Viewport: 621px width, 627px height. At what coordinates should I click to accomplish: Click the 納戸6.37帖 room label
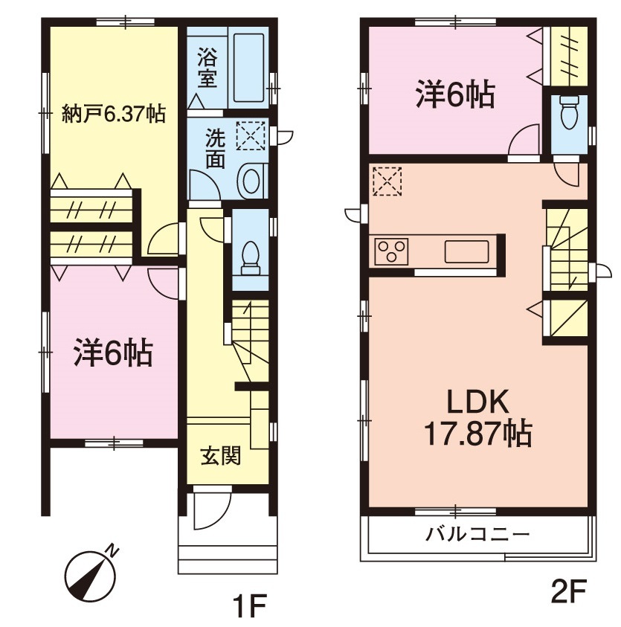(x=113, y=115)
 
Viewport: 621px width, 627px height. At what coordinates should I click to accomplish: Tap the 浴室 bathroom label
(x=208, y=68)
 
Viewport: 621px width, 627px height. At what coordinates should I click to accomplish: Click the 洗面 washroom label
(x=216, y=148)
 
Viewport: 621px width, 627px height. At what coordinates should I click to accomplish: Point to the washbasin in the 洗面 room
(x=251, y=181)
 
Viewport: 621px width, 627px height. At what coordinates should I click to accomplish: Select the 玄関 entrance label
(x=221, y=455)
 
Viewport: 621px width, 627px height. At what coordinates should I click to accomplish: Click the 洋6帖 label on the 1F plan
(x=113, y=353)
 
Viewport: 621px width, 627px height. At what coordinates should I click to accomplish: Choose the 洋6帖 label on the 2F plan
(x=455, y=94)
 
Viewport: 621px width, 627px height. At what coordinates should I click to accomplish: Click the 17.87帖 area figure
(x=477, y=433)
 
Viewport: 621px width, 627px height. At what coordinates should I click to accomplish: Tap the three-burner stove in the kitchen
(x=391, y=251)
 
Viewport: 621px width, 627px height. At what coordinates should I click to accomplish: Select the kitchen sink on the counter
(x=466, y=251)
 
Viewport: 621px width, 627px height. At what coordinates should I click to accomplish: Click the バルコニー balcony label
(x=477, y=533)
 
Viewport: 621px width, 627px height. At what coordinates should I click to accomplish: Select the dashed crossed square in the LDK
(x=387, y=181)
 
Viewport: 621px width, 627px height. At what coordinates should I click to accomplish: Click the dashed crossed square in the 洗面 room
(x=251, y=135)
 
